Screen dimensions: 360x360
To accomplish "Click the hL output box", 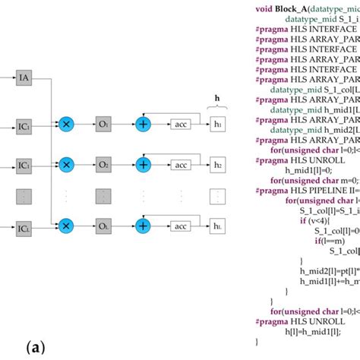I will [x=219, y=248].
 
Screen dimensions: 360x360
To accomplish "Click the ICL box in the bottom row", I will [x=25, y=248].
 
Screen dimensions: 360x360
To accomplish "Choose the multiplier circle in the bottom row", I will [x=66, y=248].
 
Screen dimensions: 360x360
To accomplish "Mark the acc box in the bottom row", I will [x=182, y=248].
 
